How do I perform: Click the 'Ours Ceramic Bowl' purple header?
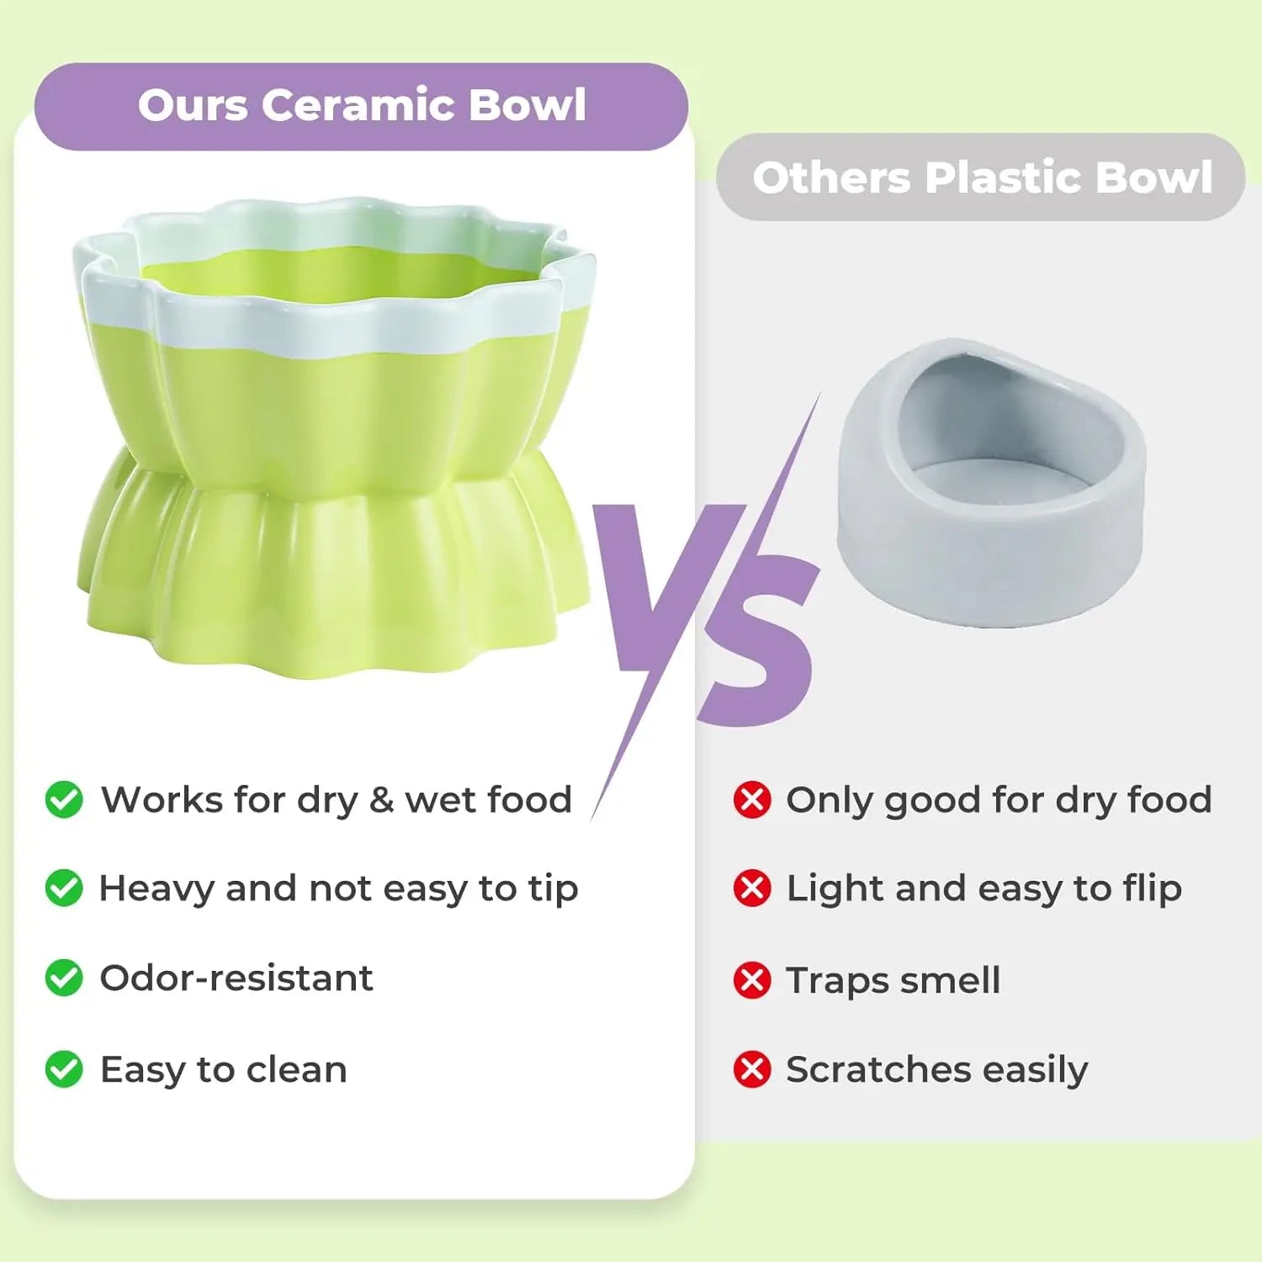[x=361, y=107]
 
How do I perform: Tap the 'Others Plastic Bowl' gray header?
[x=980, y=178]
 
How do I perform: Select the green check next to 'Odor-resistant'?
[x=64, y=978]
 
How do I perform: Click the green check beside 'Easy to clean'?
[x=64, y=1069]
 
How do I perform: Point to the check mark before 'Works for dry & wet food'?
[x=64, y=799]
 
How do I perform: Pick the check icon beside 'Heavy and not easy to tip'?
[x=64, y=888]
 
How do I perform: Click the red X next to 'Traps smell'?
[x=752, y=980]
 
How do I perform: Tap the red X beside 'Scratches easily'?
[x=752, y=1069]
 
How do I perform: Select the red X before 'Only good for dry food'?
[x=752, y=799]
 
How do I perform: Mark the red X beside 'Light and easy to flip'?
[x=752, y=888]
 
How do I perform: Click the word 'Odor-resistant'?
[x=236, y=978]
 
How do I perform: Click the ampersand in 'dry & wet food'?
[x=381, y=799]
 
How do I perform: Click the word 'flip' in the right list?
[x=1152, y=888]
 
